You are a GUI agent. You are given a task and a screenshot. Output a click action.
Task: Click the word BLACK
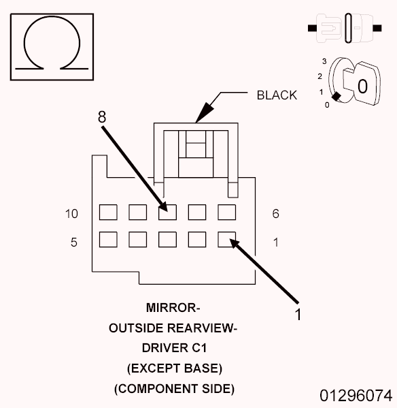click(277, 95)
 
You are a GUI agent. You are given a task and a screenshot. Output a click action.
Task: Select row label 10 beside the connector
click(71, 214)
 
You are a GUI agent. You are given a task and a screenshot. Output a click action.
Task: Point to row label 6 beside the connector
click(275, 214)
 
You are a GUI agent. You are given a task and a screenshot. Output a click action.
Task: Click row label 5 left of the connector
click(73, 241)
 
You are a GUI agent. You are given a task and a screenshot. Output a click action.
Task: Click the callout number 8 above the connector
click(102, 117)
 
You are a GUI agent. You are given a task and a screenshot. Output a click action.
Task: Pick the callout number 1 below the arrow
click(297, 314)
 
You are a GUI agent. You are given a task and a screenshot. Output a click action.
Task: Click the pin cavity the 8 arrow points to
click(167, 212)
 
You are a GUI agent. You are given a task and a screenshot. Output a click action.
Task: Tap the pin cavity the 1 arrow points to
click(226, 239)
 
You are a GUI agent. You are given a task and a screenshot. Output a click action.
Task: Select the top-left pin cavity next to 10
click(108, 212)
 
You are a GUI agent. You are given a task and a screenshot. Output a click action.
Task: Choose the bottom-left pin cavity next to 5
click(108, 239)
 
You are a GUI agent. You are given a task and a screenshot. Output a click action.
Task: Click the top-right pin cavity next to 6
click(226, 212)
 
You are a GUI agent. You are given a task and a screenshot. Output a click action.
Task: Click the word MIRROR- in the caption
click(173, 307)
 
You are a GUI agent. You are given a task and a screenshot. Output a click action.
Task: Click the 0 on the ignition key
click(362, 87)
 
